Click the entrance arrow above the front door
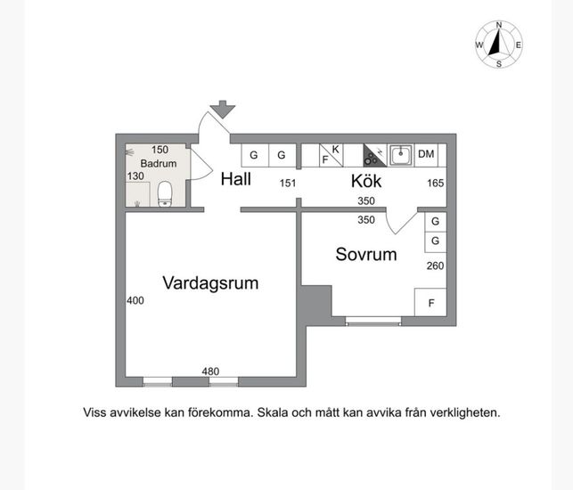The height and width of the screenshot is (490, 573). click(x=223, y=110)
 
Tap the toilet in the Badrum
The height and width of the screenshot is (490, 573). click(x=165, y=194)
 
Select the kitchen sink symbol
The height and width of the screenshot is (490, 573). click(x=401, y=155)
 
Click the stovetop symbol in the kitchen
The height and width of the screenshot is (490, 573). click(x=375, y=155)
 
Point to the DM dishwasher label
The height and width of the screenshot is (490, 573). click(x=426, y=154)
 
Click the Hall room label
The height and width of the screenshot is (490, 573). click(x=235, y=179)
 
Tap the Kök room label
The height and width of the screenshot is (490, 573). click(x=366, y=181)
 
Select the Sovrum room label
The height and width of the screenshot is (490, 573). click(x=366, y=254)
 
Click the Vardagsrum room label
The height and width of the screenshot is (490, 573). click(x=210, y=283)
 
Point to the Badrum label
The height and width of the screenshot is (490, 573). click(x=159, y=163)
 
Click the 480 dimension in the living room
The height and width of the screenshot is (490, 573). click(x=210, y=372)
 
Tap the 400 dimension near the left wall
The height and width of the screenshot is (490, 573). click(x=135, y=300)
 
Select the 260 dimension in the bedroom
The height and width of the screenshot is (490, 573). click(x=435, y=265)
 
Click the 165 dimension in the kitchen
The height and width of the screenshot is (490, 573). click(x=436, y=183)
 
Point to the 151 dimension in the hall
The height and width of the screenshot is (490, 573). click(x=288, y=183)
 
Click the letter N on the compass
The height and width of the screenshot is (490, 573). click(x=499, y=25)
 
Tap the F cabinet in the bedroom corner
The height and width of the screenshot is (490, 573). click(x=430, y=302)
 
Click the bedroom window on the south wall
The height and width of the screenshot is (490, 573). click(x=373, y=322)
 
